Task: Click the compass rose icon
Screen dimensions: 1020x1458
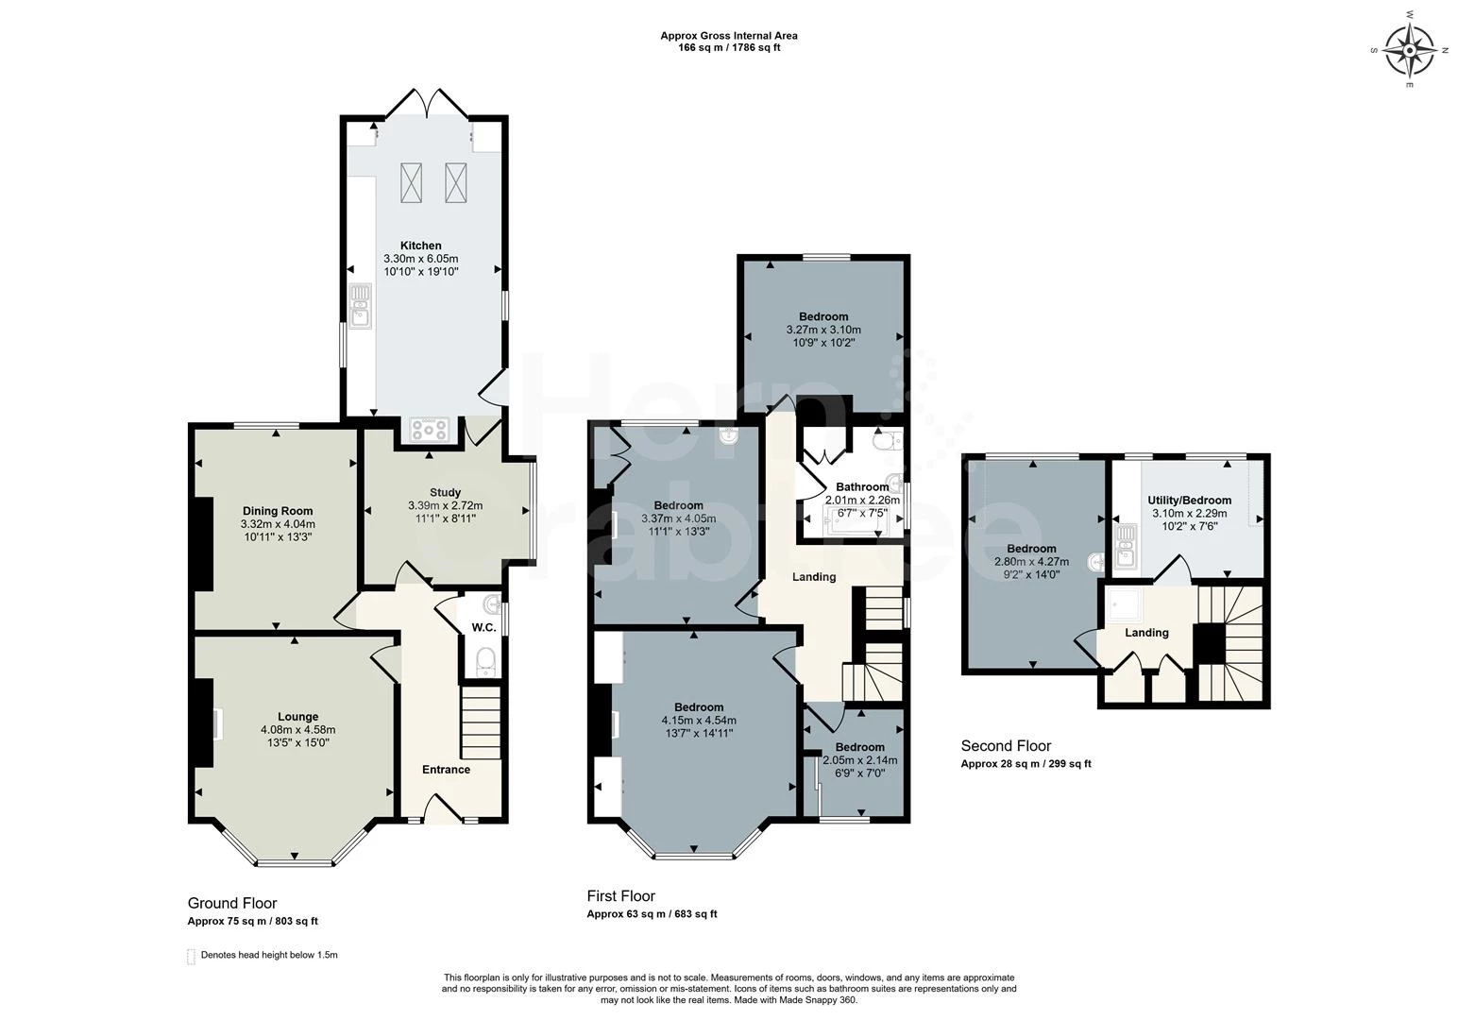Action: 1411,49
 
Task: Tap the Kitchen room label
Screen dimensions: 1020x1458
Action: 420,246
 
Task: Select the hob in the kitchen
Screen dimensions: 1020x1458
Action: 429,430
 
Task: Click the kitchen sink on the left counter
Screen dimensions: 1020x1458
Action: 360,305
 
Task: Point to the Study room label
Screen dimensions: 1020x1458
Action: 445,492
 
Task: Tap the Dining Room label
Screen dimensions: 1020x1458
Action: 278,511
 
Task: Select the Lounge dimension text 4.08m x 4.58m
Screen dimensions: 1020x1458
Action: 297,729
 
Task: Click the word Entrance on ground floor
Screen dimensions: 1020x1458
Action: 446,770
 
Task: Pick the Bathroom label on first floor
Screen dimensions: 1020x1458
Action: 861,487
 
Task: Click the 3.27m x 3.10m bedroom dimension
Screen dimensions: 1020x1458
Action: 823,330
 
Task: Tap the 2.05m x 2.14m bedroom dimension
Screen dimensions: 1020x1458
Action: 859,760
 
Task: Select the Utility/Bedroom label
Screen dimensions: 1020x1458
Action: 1189,501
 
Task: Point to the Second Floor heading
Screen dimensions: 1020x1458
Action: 1006,746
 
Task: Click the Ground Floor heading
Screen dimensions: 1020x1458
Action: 232,903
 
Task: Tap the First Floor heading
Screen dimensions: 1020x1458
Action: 620,896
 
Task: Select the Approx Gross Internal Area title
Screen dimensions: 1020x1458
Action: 728,36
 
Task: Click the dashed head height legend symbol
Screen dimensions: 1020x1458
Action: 191,956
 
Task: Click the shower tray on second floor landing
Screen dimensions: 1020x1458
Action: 1123,603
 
